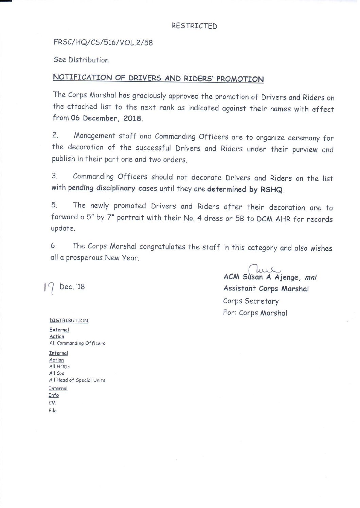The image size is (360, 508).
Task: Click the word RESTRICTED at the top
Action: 194,26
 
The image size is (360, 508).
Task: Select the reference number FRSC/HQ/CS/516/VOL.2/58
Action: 103,42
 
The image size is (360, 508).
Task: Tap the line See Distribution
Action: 81,60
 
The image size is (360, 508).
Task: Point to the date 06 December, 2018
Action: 107,118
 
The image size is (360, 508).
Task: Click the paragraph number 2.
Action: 55,135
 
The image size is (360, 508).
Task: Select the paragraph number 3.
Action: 55,176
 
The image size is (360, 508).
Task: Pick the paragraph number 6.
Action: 54,245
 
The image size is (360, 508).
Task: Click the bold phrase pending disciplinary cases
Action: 112,188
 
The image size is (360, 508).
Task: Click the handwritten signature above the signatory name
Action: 264,269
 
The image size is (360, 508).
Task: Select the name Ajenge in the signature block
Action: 287,277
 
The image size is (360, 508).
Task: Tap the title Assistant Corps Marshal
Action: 266,289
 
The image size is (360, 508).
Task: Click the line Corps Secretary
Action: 251,301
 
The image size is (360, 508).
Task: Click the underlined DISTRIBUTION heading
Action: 69,320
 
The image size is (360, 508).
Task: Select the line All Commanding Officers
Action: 77,343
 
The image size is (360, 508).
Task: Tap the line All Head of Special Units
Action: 77,380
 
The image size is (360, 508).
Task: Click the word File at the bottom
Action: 53,410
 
